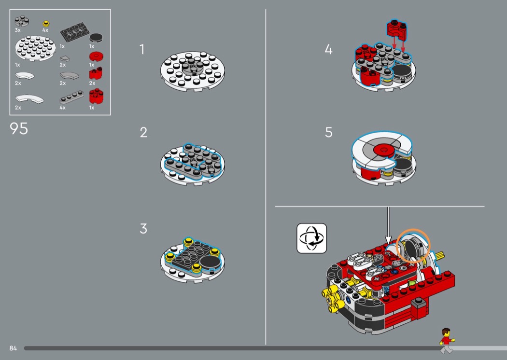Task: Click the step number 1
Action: pyautogui.click(x=141, y=49)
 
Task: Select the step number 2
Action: pyautogui.click(x=143, y=133)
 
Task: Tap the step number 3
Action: pyautogui.click(x=143, y=228)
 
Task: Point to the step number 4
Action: pyautogui.click(x=328, y=49)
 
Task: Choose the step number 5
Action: pyautogui.click(x=328, y=133)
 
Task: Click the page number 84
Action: pyautogui.click(x=13, y=348)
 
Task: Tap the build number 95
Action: pyautogui.click(x=19, y=128)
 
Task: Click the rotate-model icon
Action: pyautogui.click(x=312, y=238)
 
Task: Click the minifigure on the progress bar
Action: pyautogui.click(x=447, y=341)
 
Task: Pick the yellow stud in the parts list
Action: pyautogui.click(x=46, y=23)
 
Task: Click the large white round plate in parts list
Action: pyautogui.click(x=35, y=48)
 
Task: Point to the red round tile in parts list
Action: pyautogui.click(x=96, y=56)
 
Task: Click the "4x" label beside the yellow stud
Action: pyautogui.click(x=45, y=30)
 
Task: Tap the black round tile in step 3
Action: pyautogui.click(x=211, y=262)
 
